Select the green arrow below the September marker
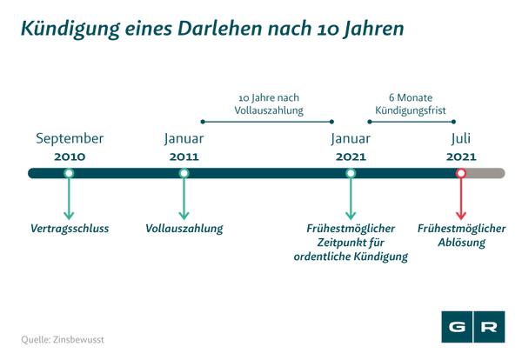(69, 203)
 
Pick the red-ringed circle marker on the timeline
(461, 173)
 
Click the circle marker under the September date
(69, 173)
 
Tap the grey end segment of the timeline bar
(487, 173)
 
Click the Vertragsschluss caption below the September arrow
(70, 230)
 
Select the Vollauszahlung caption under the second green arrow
(184, 230)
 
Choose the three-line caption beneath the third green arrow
(351, 243)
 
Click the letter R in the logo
(490, 327)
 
